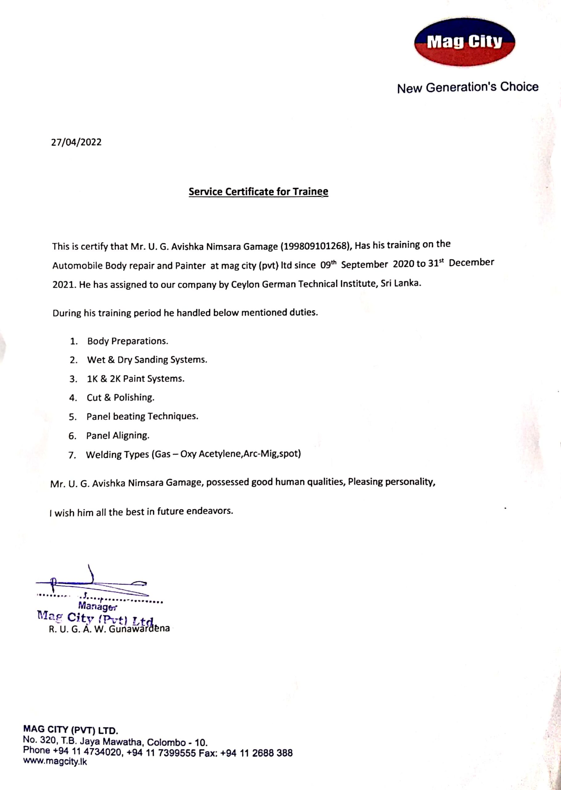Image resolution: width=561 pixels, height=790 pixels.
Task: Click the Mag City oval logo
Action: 464,42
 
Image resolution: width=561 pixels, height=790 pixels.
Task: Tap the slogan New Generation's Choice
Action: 467,87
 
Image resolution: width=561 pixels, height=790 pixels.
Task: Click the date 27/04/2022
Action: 76,142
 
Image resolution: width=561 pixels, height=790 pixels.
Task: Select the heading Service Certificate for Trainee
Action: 258,192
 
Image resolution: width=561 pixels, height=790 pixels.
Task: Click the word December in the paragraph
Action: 471,263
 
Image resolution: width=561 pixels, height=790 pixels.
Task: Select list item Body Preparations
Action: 127,341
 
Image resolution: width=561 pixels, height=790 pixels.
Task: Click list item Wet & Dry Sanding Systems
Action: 147,360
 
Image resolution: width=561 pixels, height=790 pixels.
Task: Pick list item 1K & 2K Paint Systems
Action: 135,379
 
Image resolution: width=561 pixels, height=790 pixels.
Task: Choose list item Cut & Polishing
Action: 120,397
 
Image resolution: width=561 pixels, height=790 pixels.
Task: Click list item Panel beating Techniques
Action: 142,417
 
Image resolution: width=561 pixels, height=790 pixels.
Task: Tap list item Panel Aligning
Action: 118,436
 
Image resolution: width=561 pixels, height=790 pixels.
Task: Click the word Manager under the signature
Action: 98,606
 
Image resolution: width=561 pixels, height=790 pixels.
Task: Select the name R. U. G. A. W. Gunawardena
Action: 109,629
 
